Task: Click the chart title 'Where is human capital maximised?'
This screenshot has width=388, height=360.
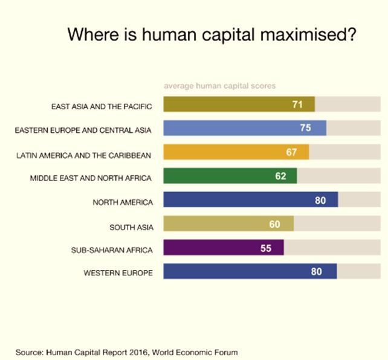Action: (211, 34)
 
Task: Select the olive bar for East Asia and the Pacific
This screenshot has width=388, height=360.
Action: (239, 104)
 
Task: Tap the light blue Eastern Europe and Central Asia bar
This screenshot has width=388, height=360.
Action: (244, 128)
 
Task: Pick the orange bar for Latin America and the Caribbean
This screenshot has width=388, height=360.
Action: (236, 152)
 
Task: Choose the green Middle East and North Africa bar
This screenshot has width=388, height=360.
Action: (230, 176)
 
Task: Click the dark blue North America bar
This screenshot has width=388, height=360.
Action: (250, 201)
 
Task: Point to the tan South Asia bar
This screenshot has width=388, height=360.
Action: (228, 225)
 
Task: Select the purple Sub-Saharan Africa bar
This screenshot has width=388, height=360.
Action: (223, 248)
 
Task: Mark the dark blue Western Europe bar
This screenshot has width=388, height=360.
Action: (250, 272)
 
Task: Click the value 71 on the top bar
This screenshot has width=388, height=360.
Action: (297, 104)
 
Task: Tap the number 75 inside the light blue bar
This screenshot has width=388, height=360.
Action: (305, 128)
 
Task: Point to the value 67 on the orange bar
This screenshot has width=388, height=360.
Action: (291, 152)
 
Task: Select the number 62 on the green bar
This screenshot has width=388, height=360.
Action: (280, 176)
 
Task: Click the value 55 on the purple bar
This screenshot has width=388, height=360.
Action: (266, 248)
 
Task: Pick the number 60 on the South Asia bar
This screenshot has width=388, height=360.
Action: (275, 225)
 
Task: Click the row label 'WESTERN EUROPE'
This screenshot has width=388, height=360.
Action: (118, 273)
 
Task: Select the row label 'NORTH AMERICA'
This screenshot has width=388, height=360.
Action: (123, 202)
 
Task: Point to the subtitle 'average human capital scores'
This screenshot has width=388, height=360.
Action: (219, 86)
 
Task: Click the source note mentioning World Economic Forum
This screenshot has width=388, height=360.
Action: (127, 352)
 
